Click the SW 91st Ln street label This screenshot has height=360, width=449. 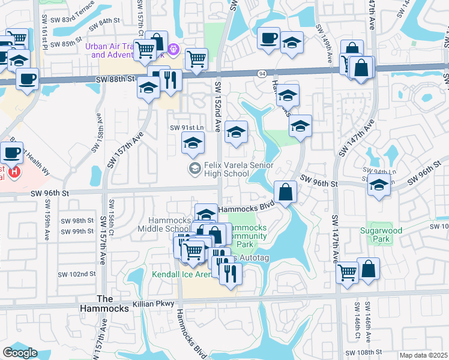point(187,128)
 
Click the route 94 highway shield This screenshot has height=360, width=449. point(262,74)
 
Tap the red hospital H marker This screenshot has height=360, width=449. point(14,173)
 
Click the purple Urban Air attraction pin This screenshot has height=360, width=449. point(173,48)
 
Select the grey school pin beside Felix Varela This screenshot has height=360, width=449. point(194,169)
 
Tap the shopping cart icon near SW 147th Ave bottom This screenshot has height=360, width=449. point(348,272)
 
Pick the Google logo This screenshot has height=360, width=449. point(20,353)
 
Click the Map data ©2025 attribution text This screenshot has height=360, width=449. point(423,355)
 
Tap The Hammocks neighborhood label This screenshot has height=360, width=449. point(113,304)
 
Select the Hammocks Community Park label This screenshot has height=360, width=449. point(247,236)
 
